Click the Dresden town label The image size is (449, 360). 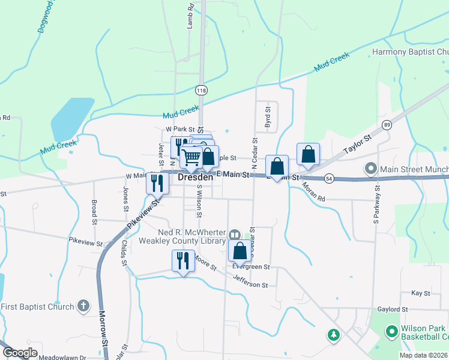click(x=195, y=178)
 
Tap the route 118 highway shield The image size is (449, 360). click(x=200, y=89)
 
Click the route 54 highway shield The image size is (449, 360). click(x=328, y=178)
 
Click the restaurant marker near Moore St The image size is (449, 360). click(x=183, y=260)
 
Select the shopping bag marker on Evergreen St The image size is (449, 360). click(x=240, y=251)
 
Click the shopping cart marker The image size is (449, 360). click(x=191, y=158)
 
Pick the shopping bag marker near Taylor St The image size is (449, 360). click(x=308, y=154)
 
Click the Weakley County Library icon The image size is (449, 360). click(x=235, y=235)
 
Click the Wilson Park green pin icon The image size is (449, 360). click(x=391, y=331)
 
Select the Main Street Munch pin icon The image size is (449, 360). click(x=370, y=169)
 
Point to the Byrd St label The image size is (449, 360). click(x=268, y=118)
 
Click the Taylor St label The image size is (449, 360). click(x=358, y=146)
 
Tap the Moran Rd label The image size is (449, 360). click(x=313, y=192)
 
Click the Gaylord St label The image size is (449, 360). click(x=393, y=310)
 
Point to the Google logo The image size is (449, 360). click(x=20, y=353)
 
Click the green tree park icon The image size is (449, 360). click(x=333, y=335)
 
